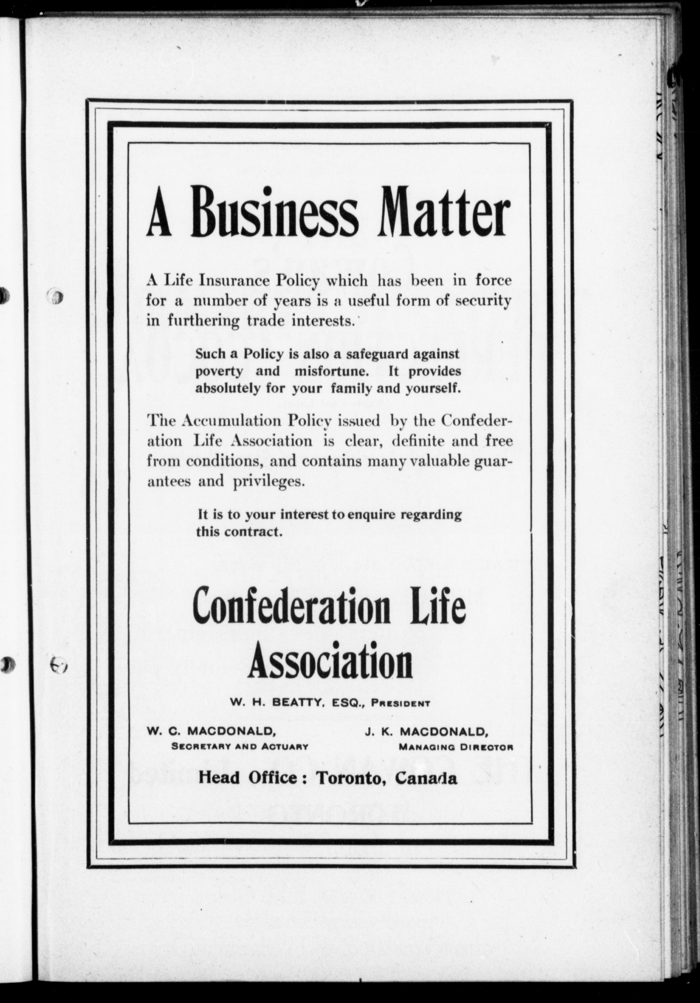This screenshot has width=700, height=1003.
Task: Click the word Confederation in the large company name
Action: [x=292, y=608]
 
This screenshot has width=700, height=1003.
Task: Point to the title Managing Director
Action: [x=456, y=747]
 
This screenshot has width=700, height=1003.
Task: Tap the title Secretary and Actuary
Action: [x=240, y=747]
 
